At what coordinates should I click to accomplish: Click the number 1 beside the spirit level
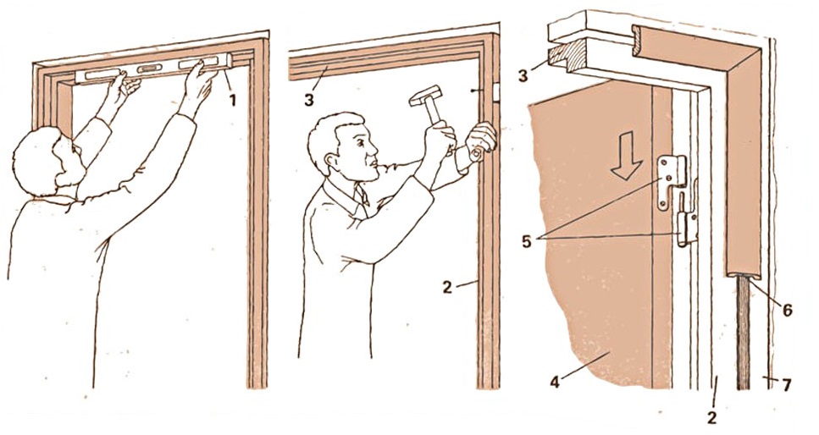(x=232, y=100)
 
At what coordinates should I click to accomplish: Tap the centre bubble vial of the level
(x=147, y=69)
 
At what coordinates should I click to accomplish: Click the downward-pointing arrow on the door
(x=628, y=156)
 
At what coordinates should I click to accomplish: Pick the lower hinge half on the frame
(x=688, y=229)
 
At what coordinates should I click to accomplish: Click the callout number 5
(x=528, y=241)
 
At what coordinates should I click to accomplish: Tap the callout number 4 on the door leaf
(x=556, y=383)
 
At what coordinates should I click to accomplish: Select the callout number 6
(x=787, y=311)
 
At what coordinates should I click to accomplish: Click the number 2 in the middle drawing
(x=447, y=287)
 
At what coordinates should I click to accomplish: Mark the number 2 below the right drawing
(x=711, y=418)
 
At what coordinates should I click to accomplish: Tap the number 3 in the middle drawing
(x=308, y=99)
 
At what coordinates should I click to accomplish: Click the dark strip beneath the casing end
(x=744, y=333)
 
